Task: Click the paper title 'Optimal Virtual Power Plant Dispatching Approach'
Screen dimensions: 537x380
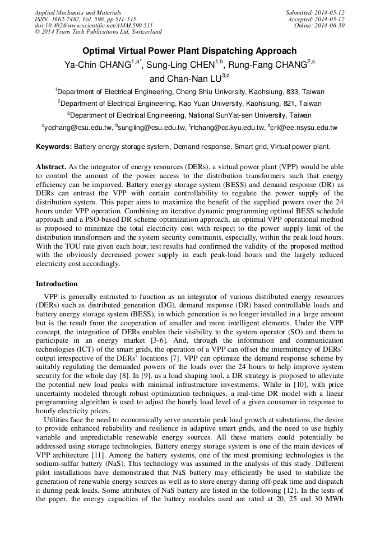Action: click(x=189, y=51)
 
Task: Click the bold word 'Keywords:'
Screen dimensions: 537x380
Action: click(x=54, y=147)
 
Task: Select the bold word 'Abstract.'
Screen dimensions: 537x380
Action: click(x=52, y=167)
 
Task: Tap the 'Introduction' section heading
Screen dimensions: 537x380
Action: click(x=57, y=284)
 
